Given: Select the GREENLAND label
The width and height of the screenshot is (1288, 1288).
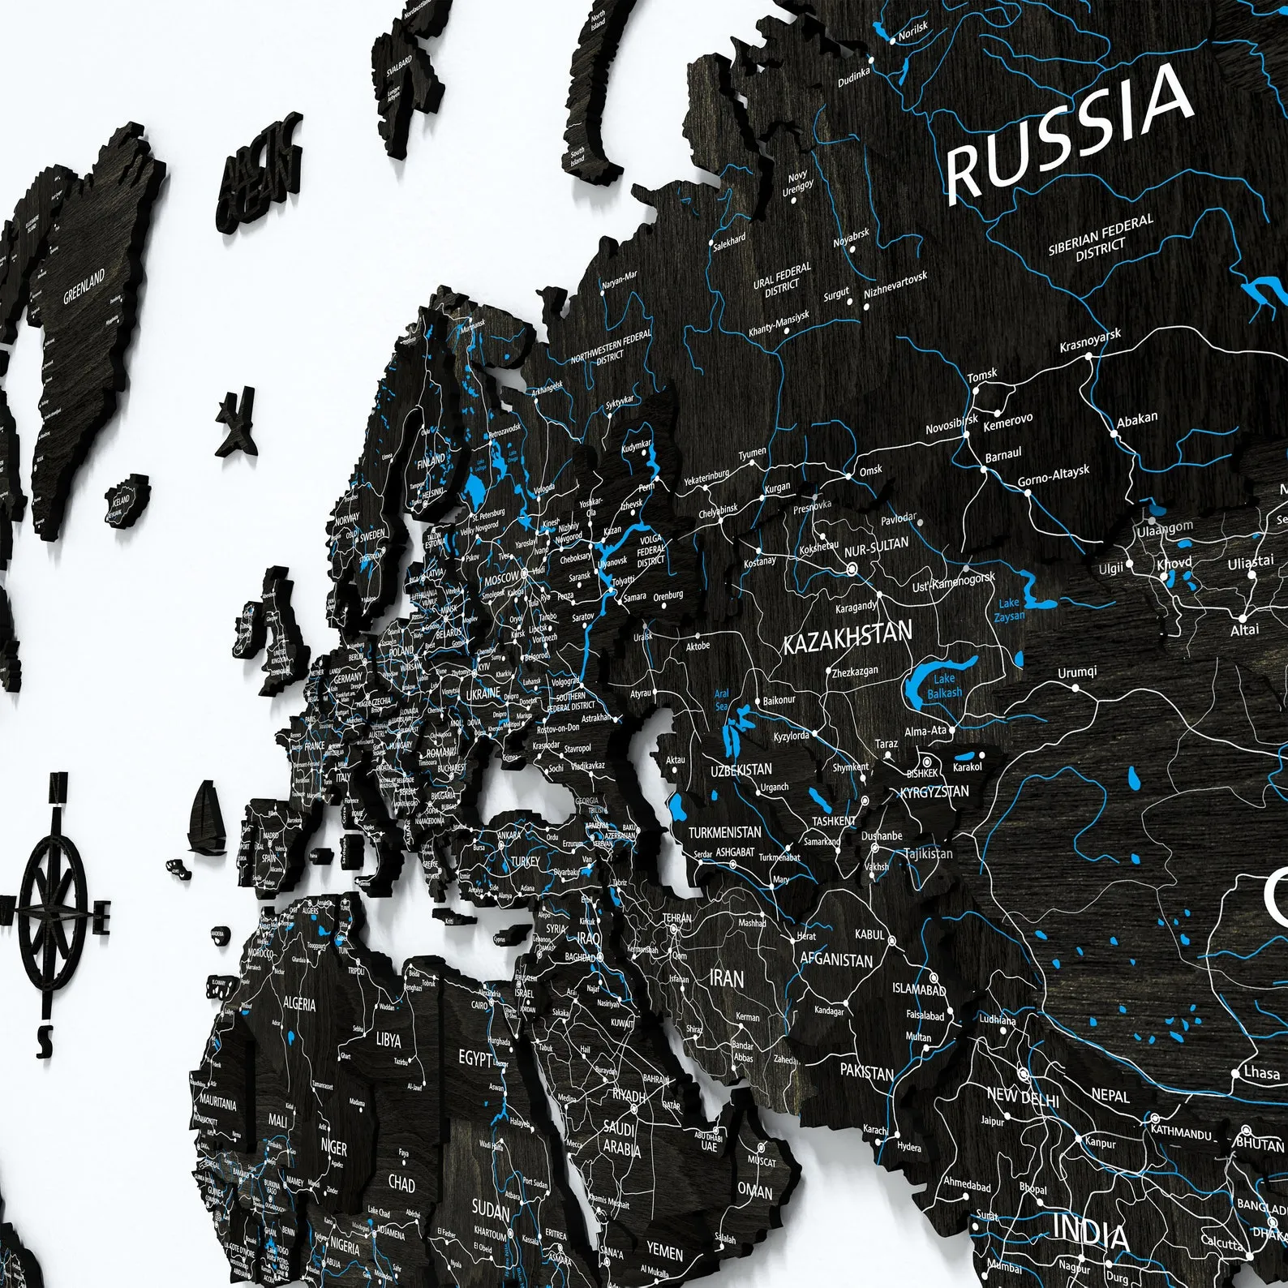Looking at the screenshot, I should pyautogui.click(x=84, y=286).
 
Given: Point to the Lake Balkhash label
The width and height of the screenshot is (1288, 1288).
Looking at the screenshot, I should pyautogui.click(x=944, y=685).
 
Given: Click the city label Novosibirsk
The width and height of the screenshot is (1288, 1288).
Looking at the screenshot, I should pyautogui.click(x=951, y=424).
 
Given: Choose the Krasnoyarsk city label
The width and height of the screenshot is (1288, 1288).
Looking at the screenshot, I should pyautogui.click(x=1090, y=341).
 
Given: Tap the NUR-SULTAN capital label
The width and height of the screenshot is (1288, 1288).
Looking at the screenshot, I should pyautogui.click(x=876, y=547).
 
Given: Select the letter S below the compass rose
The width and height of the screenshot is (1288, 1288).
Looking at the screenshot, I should pyautogui.click(x=46, y=1036).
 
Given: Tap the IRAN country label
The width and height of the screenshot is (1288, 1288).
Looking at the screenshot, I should pyautogui.click(x=726, y=978).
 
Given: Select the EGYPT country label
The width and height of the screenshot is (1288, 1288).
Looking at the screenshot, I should pyautogui.click(x=474, y=1058).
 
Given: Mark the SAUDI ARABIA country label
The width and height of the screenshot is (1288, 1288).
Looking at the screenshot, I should pyautogui.click(x=621, y=1137).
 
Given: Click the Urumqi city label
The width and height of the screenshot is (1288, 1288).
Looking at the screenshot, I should pyautogui.click(x=1077, y=672).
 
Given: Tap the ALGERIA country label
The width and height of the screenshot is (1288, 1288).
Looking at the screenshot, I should pyautogui.click(x=299, y=1004).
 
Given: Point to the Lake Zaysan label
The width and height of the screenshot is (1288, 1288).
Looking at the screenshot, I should pyautogui.click(x=1009, y=609).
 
